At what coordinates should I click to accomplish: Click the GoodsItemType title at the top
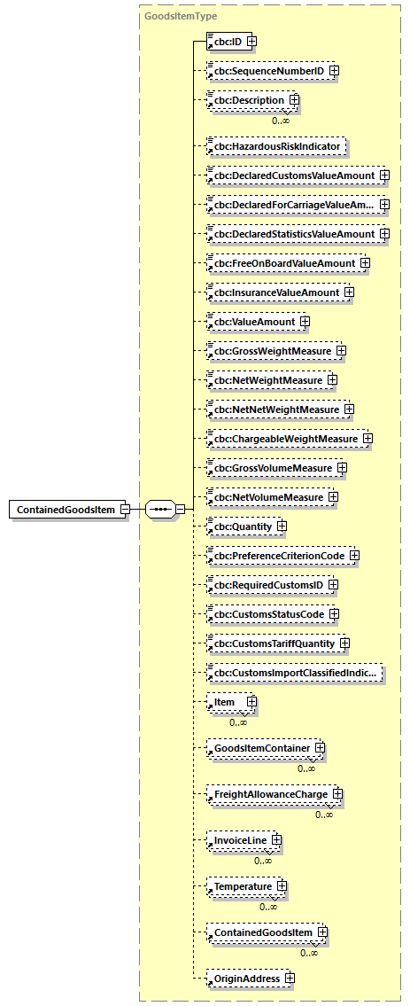[181, 16]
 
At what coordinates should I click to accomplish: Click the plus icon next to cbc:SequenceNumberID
[334, 70]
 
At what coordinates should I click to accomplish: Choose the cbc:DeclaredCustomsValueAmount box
[291, 175]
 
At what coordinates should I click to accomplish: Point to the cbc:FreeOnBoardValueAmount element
[282, 263]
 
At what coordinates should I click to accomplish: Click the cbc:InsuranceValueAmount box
[274, 292]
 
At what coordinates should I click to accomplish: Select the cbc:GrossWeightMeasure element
[270, 351]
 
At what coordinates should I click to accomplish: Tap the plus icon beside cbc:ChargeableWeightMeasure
[367, 439]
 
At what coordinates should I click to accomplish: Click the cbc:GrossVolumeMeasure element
[270, 468]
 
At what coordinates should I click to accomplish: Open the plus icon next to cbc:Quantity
[282, 526]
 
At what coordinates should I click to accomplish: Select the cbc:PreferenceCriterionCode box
[276, 556]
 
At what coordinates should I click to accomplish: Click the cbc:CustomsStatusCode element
[267, 614]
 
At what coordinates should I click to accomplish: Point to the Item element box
[225, 702]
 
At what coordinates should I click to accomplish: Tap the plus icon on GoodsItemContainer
[321, 749]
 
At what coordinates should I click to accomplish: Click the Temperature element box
[239, 886]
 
